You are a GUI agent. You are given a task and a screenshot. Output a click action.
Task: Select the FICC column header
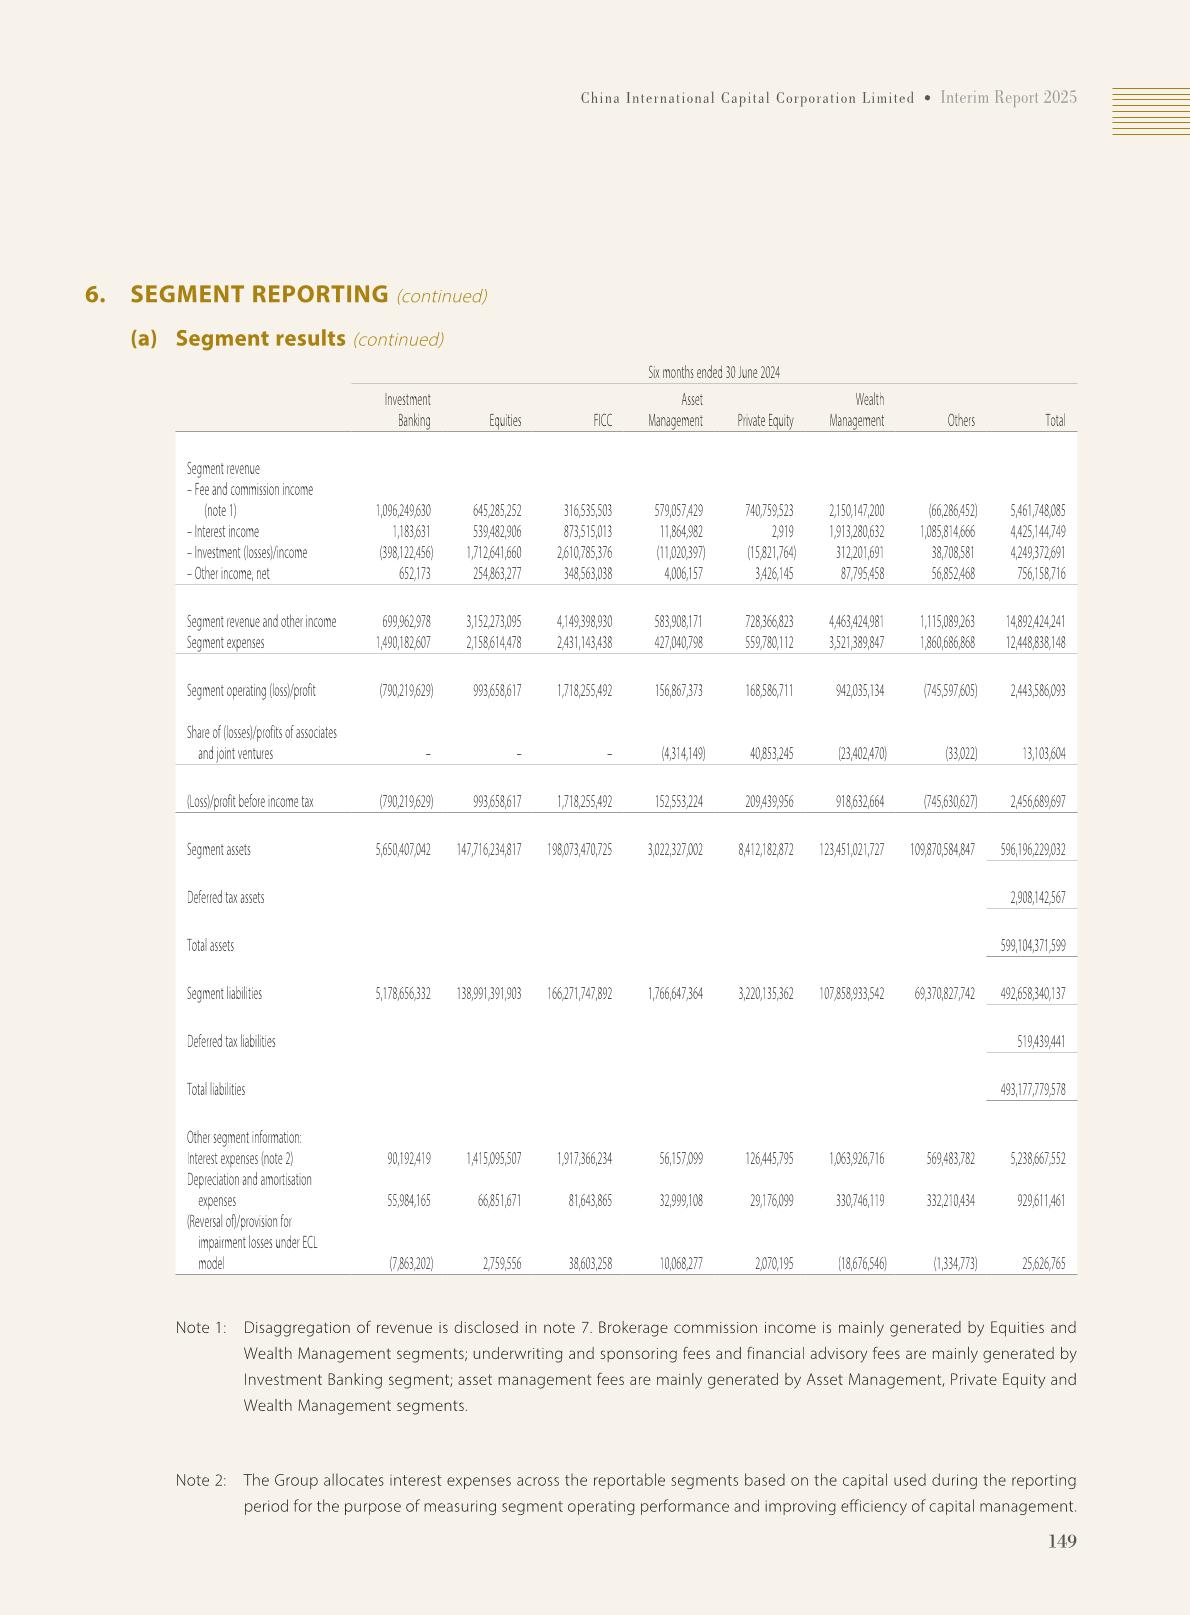coord(602,421)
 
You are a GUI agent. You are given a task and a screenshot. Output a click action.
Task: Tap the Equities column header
coord(505,421)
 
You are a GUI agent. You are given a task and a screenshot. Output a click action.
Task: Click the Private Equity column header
coord(765,421)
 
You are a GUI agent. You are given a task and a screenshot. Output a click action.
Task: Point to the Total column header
coord(1055,421)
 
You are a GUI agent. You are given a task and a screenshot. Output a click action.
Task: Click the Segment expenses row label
coord(226,643)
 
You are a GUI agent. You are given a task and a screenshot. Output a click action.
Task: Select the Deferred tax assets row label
coord(226,898)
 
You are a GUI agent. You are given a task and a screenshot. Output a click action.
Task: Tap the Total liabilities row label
coord(216,1090)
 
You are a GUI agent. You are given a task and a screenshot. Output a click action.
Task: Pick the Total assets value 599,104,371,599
coord(1032,946)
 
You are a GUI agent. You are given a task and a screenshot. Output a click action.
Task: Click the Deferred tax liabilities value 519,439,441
coord(1040,1042)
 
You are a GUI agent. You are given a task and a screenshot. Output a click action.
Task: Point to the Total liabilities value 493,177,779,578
coord(1032,1090)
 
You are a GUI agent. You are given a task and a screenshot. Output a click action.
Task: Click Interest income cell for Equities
coord(490,532)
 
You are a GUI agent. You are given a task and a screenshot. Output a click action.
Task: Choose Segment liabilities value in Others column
coord(944,994)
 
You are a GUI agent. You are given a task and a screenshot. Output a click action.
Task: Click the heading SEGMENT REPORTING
coord(259,294)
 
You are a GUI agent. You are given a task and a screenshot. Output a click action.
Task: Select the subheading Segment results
coord(260,338)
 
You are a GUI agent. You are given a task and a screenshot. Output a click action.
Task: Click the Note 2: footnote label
coord(201,1480)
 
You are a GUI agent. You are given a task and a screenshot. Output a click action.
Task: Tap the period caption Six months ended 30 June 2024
coord(714,373)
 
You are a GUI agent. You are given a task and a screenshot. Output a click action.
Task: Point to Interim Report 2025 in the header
coord(1009,97)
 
